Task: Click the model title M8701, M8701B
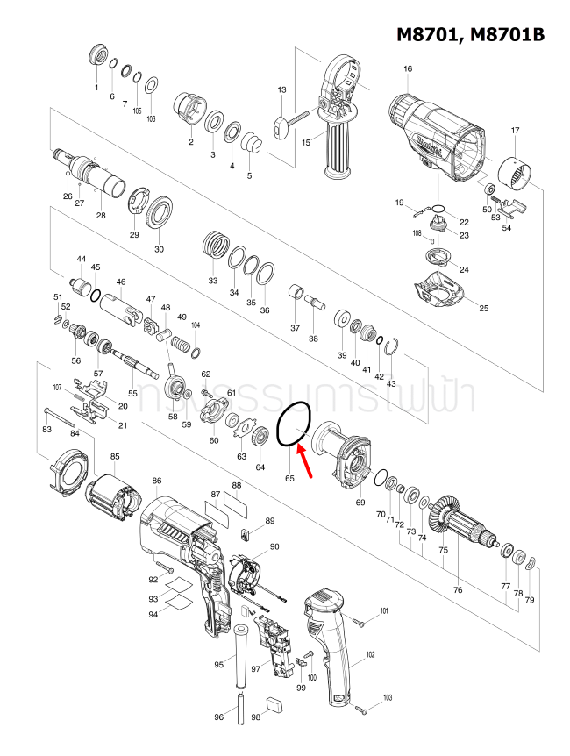pyautogui.click(x=470, y=34)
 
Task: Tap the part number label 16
pyautogui.click(x=408, y=69)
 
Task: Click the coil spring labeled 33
pyautogui.click(x=214, y=243)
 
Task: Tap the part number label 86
pyautogui.click(x=157, y=481)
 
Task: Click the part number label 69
pyautogui.click(x=360, y=503)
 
